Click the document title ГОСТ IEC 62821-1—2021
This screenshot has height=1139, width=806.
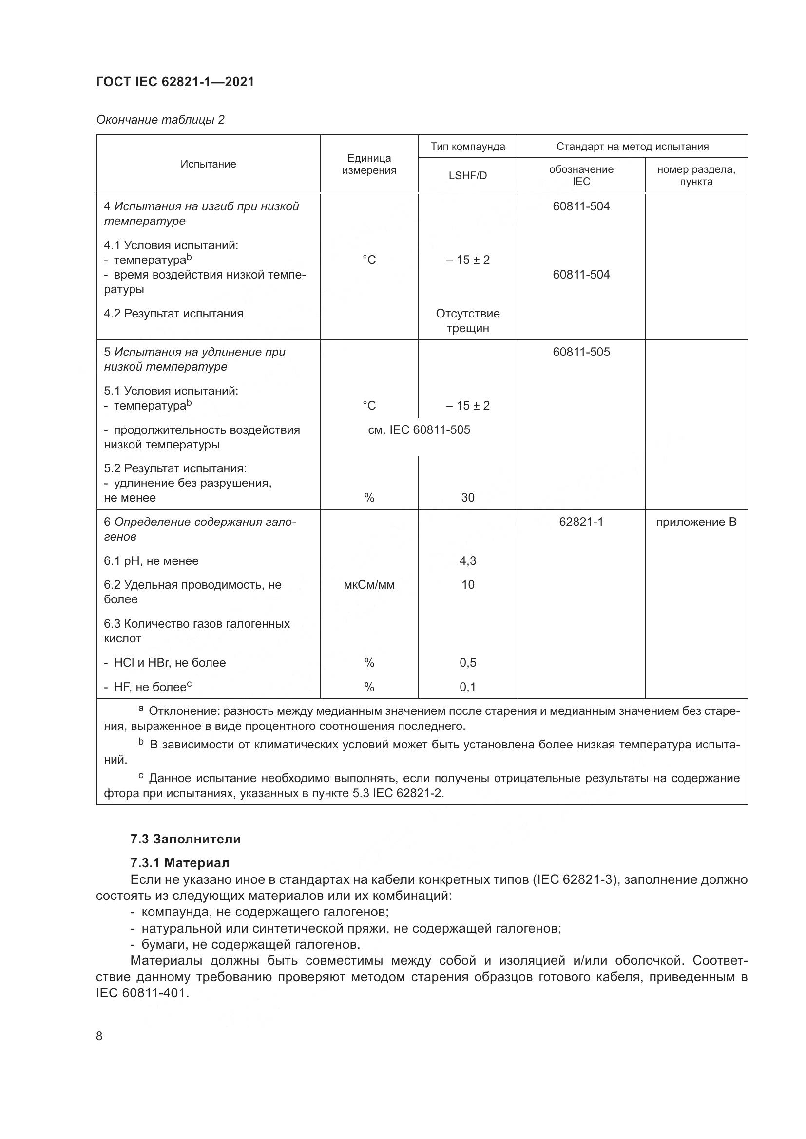click(175, 82)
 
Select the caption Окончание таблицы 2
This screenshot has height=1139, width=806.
click(160, 120)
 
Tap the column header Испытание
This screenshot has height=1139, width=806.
click(208, 164)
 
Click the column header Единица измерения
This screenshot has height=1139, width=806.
click(369, 164)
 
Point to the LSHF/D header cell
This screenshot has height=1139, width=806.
click(467, 176)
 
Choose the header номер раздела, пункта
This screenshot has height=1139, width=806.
click(696, 176)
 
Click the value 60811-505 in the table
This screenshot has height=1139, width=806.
click(581, 352)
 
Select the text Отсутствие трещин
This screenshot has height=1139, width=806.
click(467, 321)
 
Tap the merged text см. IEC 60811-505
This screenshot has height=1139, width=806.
click(419, 430)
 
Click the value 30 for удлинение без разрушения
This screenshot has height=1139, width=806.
click(467, 498)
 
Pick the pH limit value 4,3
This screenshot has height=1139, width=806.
click(467, 561)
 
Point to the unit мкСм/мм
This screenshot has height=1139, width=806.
click(369, 585)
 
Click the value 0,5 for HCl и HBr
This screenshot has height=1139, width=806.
click(467, 663)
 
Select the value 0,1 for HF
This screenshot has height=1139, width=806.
click(467, 687)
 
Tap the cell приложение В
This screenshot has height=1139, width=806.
click(696, 522)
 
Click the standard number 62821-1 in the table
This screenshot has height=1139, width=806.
click(581, 522)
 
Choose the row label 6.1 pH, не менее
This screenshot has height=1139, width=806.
click(152, 561)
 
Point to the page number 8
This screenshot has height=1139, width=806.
click(99, 1036)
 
